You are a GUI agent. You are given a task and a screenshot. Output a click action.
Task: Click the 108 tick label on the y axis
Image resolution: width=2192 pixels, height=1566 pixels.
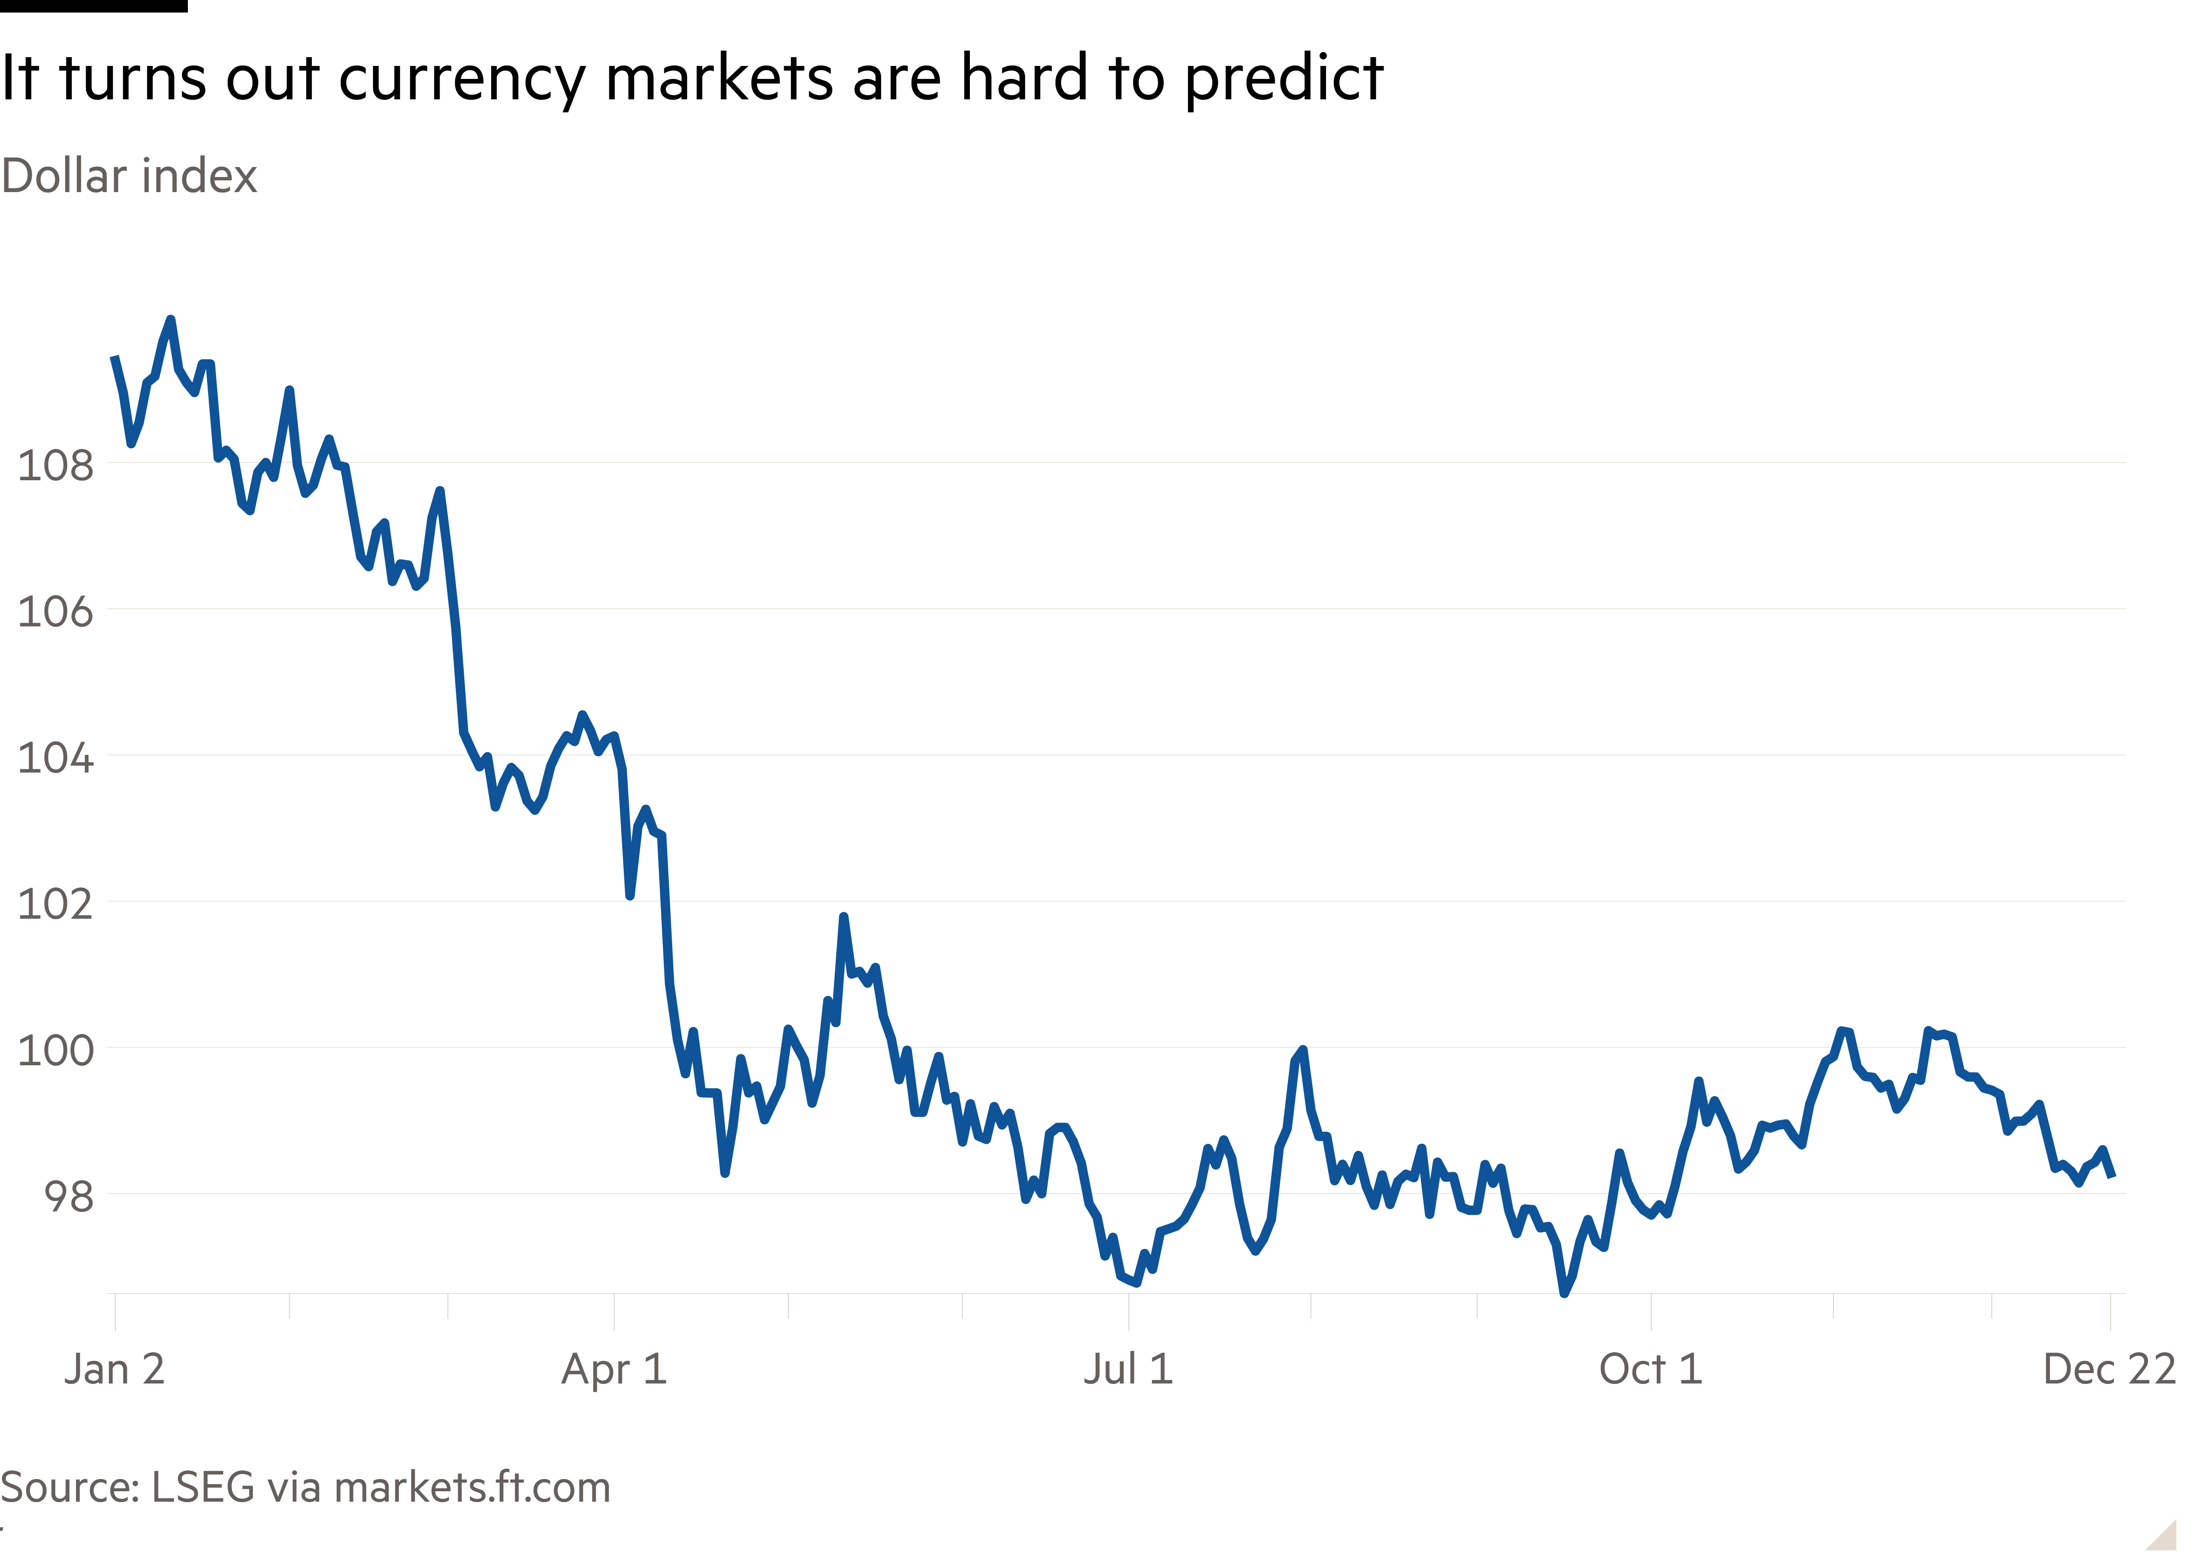(56, 466)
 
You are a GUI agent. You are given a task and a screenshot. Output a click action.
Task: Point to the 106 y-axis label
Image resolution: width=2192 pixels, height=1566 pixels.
(56, 611)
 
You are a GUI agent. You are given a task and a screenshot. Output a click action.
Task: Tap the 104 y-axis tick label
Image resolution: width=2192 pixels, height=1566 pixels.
(56, 758)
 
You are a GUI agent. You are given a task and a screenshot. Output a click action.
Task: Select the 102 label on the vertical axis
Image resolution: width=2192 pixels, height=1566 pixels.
(56, 904)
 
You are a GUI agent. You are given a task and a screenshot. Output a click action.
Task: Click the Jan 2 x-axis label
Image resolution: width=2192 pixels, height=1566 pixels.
(114, 1368)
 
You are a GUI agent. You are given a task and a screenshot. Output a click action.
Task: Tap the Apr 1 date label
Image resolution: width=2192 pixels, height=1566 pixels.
(614, 1368)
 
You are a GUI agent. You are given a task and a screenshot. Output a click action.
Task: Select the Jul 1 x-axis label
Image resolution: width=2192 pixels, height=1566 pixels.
(1128, 1368)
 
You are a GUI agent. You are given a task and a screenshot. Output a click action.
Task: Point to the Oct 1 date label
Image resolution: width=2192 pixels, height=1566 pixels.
(1650, 1368)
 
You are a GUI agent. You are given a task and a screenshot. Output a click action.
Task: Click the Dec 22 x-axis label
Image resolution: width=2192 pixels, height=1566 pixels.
(2109, 1368)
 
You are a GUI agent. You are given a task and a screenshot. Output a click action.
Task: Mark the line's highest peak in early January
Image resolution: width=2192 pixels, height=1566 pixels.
(171, 319)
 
